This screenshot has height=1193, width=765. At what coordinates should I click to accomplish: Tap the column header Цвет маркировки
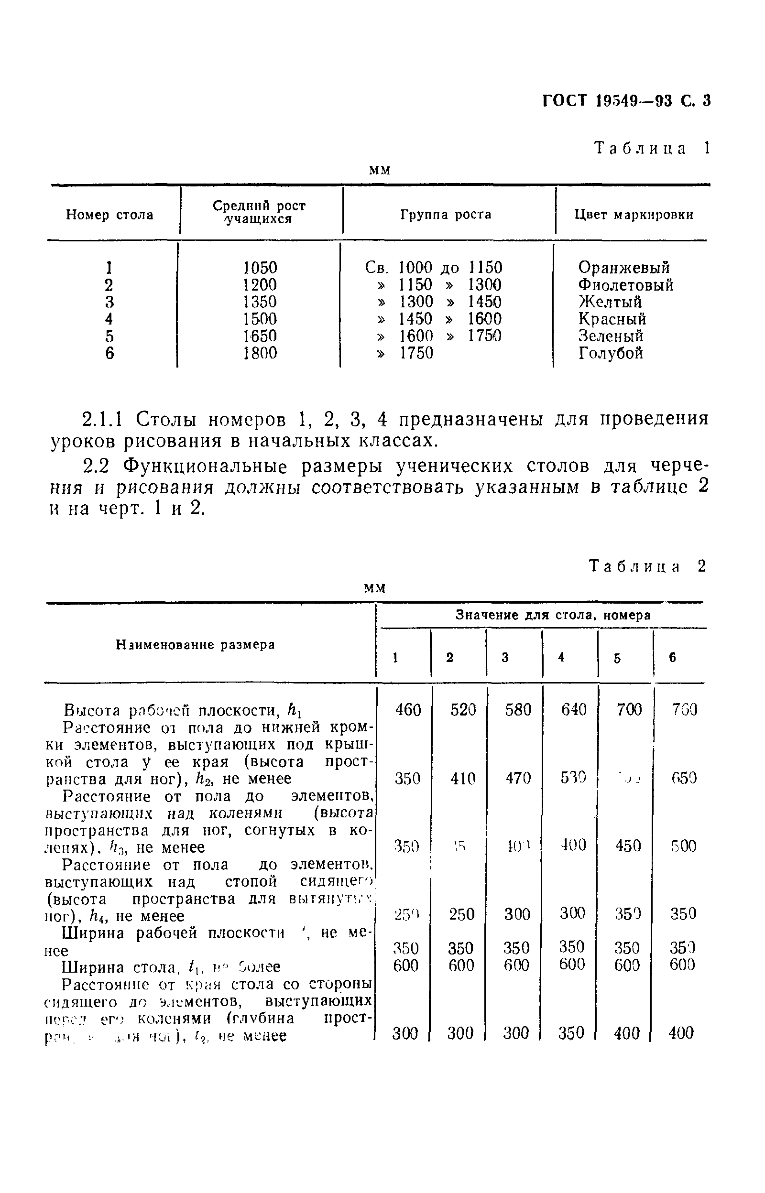[634, 215]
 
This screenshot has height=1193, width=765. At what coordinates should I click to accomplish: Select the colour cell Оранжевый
[624, 268]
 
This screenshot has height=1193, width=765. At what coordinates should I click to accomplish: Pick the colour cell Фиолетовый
[626, 285]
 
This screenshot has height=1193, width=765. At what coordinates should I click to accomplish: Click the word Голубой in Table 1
[611, 353]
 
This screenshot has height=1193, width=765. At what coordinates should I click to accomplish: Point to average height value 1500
[260, 319]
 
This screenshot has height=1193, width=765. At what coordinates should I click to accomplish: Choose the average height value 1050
[260, 268]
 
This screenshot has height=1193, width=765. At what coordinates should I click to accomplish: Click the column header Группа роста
[446, 215]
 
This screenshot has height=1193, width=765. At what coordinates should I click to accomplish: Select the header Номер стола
[110, 215]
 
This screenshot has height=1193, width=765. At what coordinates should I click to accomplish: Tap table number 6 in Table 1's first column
[109, 353]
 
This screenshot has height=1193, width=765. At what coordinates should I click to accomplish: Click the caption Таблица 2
[647, 566]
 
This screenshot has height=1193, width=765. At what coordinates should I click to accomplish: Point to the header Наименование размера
[195, 644]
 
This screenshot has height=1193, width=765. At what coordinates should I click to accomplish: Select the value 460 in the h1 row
[408, 709]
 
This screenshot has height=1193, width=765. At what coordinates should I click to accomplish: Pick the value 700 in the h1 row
[629, 709]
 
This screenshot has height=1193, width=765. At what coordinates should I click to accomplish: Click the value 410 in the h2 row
[463, 778]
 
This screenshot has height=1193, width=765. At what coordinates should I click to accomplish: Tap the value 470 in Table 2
[518, 778]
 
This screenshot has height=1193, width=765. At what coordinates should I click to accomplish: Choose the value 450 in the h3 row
[628, 846]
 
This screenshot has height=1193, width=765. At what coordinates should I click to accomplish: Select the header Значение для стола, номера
[553, 616]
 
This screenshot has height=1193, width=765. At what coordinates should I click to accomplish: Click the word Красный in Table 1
[612, 319]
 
